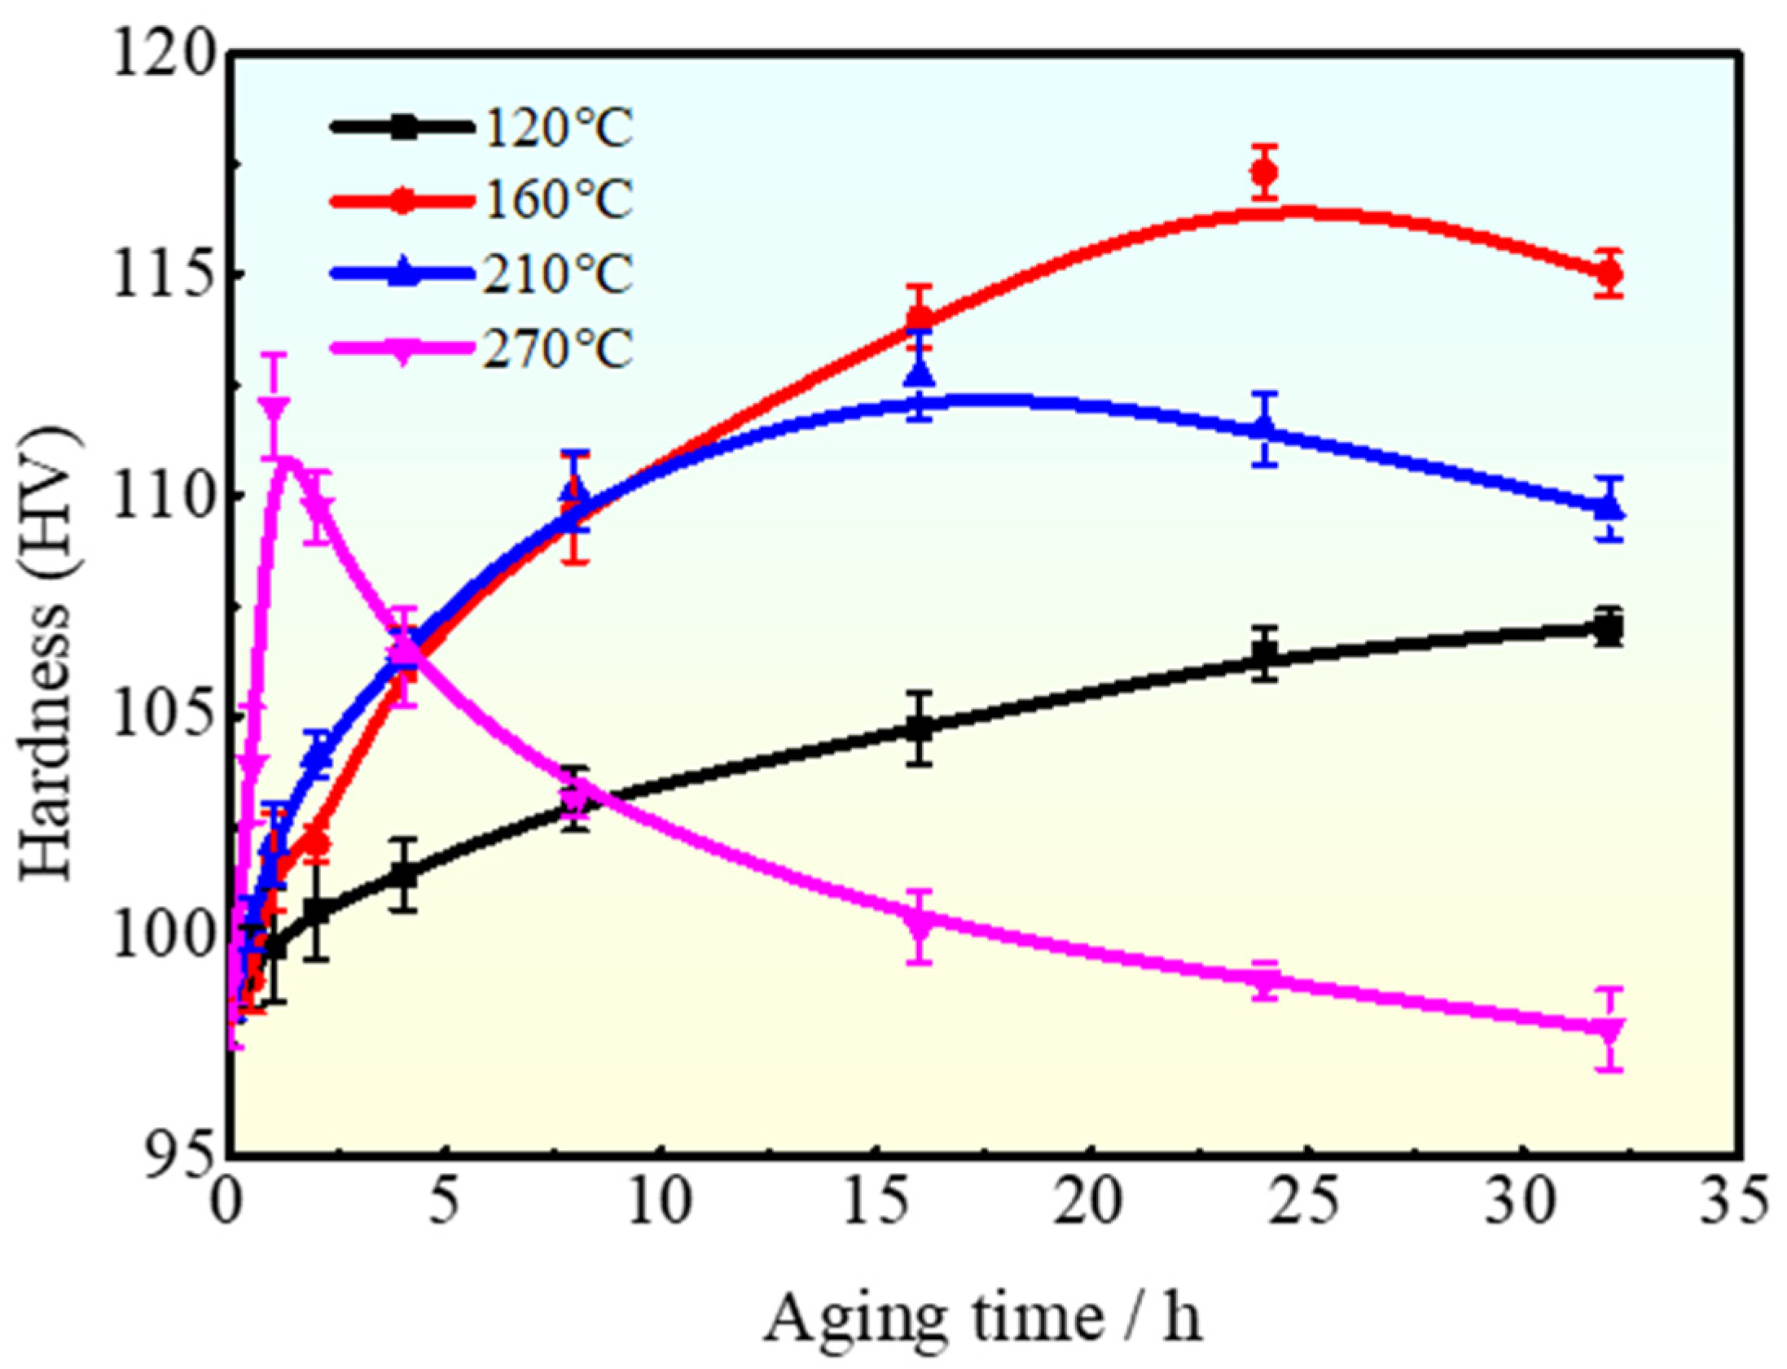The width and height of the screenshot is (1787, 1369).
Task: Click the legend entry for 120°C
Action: coord(559,129)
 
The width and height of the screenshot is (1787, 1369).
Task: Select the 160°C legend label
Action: coord(559,200)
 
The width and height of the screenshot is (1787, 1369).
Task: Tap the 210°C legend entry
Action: coord(559,274)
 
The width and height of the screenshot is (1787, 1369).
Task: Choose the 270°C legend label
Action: coord(559,349)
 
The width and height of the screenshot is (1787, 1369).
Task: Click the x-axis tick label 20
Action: coord(1091,1205)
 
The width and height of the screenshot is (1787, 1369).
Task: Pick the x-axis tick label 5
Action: coord(444,1205)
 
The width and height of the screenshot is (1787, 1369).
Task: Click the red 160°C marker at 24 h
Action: coord(1264,173)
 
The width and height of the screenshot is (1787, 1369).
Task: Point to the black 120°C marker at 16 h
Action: coord(920,728)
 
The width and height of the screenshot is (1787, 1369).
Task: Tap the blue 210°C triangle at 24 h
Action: coord(1264,429)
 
